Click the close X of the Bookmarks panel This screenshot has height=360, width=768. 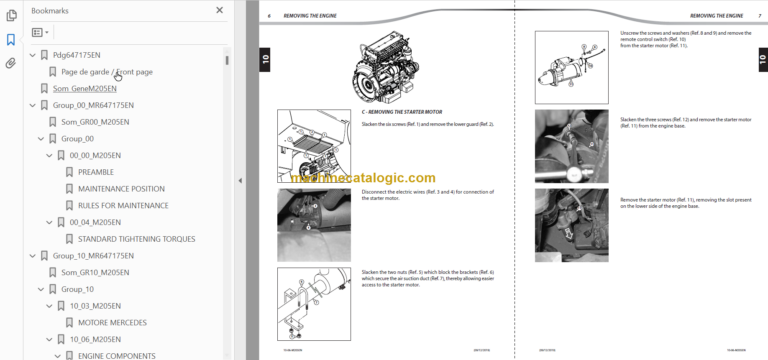[x=220, y=10]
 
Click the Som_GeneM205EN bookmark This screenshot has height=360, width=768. [x=85, y=88]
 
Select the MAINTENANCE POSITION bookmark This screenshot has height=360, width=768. [x=121, y=188]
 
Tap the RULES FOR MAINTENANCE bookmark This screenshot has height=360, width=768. [x=124, y=205]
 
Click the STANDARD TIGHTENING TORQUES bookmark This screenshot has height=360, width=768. [x=136, y=239]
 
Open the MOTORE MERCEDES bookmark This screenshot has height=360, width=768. [x=112, y=322]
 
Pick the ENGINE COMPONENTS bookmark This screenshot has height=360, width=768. [x=116, y=356]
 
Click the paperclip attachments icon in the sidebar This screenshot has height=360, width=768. [x=11, y=63]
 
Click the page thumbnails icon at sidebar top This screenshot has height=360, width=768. [x=11, y=14]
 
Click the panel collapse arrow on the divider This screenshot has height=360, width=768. [x=239, y=181]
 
